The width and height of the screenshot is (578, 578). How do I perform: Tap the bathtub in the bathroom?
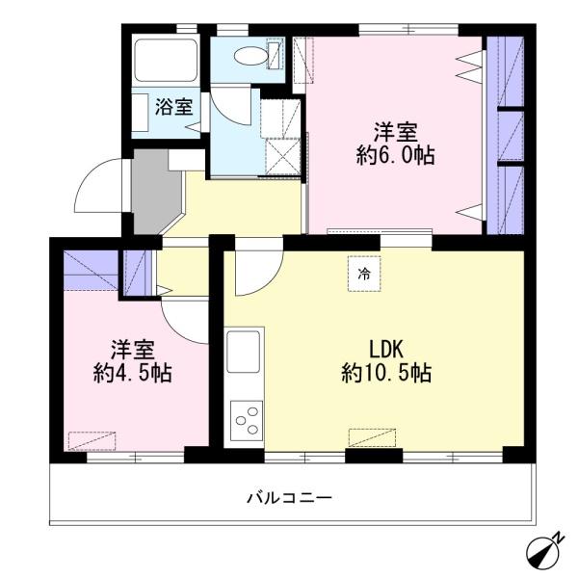pos(165,62)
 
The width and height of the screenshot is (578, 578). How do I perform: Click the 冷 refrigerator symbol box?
pos(364,274)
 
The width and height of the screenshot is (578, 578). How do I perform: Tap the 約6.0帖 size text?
pos(395,157)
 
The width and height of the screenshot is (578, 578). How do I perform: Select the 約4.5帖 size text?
pos(133,374)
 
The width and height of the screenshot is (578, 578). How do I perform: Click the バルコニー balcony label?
pos(289,498)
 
